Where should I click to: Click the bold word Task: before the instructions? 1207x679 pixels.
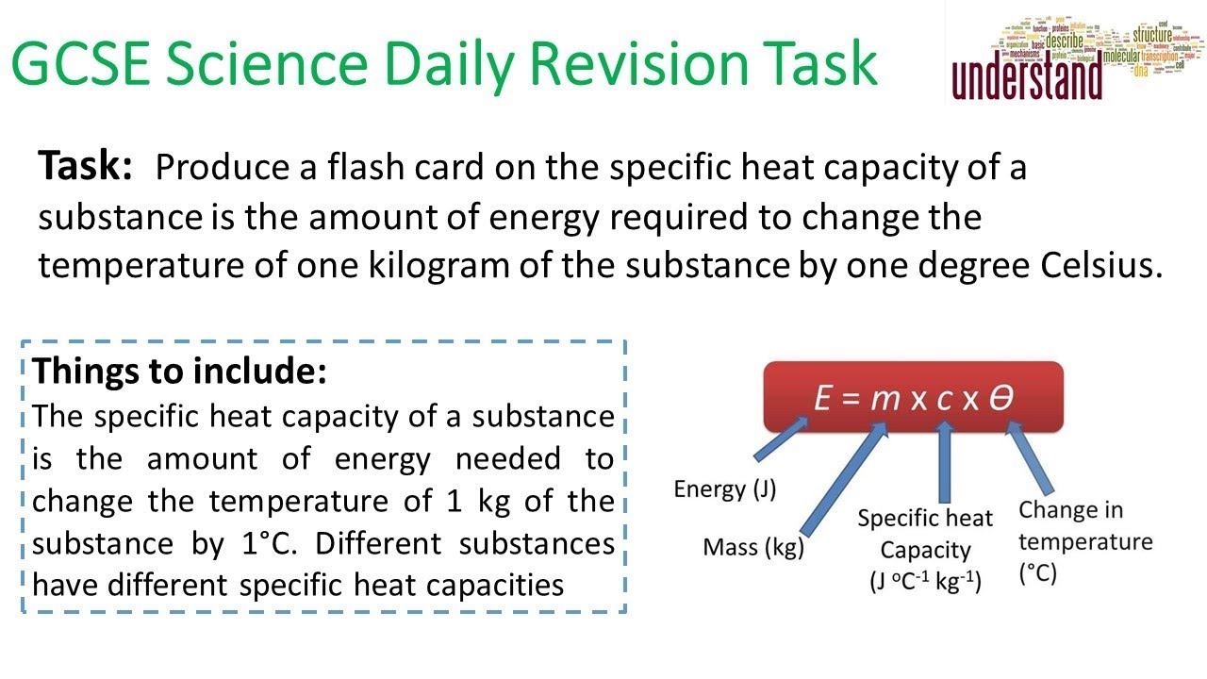click(85, 167)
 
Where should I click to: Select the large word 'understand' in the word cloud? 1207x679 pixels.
click(1027, 79)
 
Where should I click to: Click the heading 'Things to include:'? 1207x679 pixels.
click(179, 371)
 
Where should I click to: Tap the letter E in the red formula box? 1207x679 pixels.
click(824, 399)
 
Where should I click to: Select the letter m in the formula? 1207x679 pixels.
click(885, 399)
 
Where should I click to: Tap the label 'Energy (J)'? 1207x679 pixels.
click(722, 489)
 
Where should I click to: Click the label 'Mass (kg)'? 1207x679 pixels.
click(753, 547)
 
